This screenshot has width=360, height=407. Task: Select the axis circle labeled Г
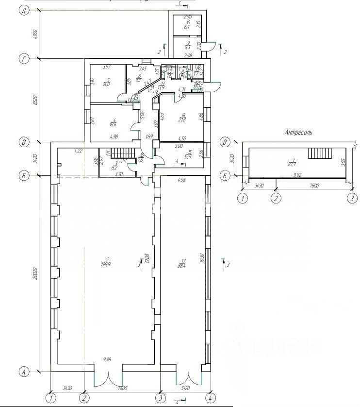(23, 59)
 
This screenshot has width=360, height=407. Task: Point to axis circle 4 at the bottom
(210, 397)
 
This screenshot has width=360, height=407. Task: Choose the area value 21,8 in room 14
(182, 119)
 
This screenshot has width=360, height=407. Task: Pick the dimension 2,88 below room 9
(187, 56)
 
